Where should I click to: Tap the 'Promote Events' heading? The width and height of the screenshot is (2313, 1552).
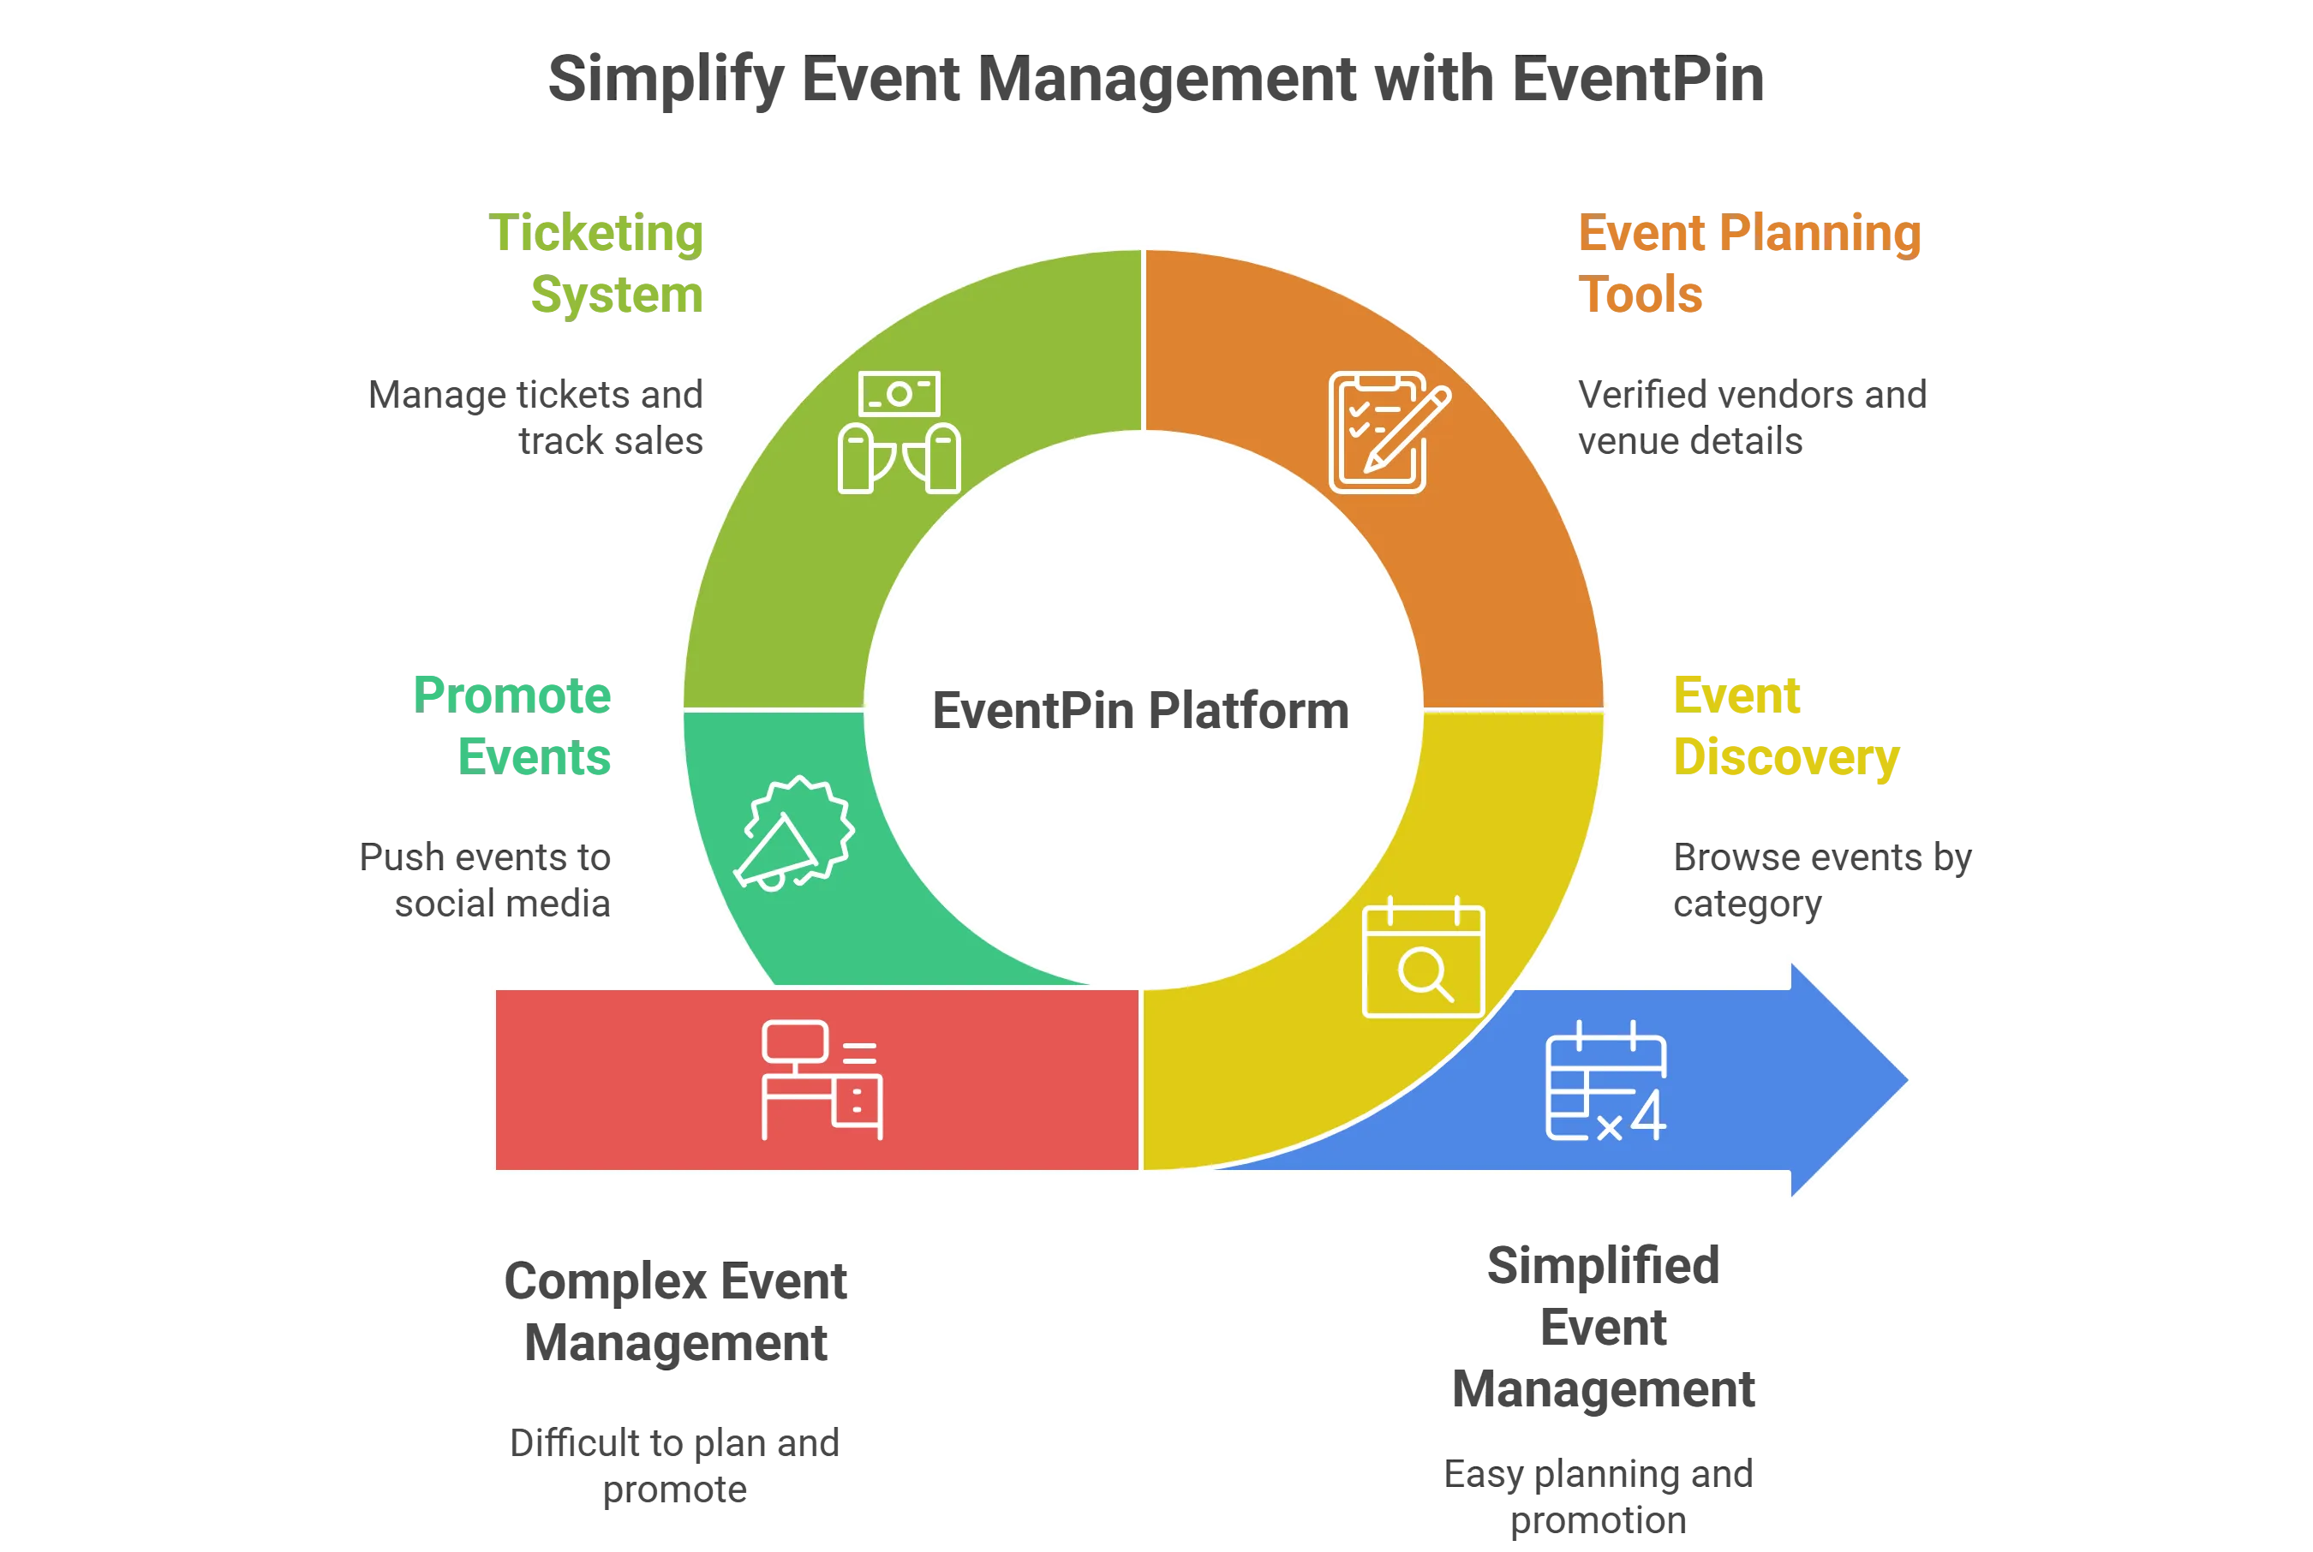(x=515, y=725)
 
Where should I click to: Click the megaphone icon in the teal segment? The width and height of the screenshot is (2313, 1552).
(x=792, y=833)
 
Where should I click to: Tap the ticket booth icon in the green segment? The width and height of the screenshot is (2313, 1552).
(x=899, y=433)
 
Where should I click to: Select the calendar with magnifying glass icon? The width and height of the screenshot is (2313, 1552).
(x=1422, y=959)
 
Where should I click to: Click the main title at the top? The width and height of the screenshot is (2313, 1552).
(x=1156, y=79)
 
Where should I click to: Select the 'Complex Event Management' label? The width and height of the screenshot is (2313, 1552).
(x=674, y=1311)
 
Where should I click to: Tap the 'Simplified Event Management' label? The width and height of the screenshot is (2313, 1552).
(x=1605, y=1327)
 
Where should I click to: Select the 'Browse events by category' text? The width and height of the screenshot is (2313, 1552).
(x=1821, y=879)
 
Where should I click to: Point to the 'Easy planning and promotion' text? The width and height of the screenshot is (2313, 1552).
(x=1599, y=1495)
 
